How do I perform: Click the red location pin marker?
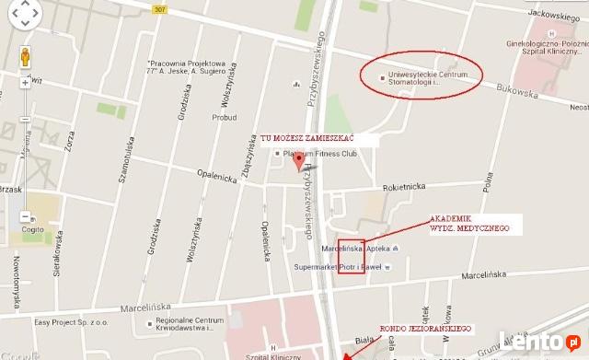[x=297, y=162]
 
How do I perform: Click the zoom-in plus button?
[x=25, y=83]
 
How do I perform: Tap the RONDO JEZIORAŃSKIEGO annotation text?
[x=426, y=329]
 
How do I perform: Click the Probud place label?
[x=225, y=117]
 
